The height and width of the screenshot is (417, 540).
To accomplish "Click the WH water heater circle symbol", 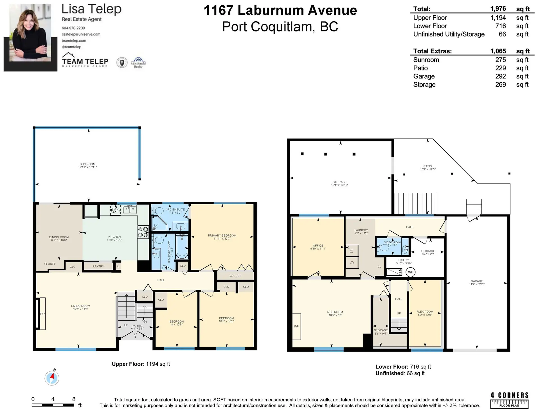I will [x=411, y=272].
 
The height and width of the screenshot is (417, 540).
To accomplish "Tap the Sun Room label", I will [x=87, y=164].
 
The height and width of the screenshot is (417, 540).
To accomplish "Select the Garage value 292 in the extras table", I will [x=500, y=76].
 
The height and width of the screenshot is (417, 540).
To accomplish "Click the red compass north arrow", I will [x=52, y=377].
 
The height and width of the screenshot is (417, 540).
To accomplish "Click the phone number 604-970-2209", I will [x=73, y=28].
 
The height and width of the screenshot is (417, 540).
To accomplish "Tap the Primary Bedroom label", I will [x=222, y=235].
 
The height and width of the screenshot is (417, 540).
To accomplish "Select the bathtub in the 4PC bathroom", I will [x=182, y=247].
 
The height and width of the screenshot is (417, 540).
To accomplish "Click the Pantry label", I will [x=98, y=266].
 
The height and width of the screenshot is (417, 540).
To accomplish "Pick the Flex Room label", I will [x=425, y=312].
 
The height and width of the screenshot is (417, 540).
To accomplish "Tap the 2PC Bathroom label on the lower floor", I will [x=392, y=242].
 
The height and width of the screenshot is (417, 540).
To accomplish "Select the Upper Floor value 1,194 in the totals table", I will [x=498, y=18].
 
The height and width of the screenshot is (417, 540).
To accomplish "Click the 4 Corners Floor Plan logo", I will [x=509, y=400].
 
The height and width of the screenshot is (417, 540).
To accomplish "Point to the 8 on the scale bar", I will [x=74, y=399].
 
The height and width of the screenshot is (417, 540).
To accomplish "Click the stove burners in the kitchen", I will [x=143, y=232].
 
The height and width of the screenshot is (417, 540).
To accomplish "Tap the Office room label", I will [x=318, y=246].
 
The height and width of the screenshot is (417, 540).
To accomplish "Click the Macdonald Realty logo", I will [x=138, y=63].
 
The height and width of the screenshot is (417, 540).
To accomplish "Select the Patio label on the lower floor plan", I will [x=427, y=166].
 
